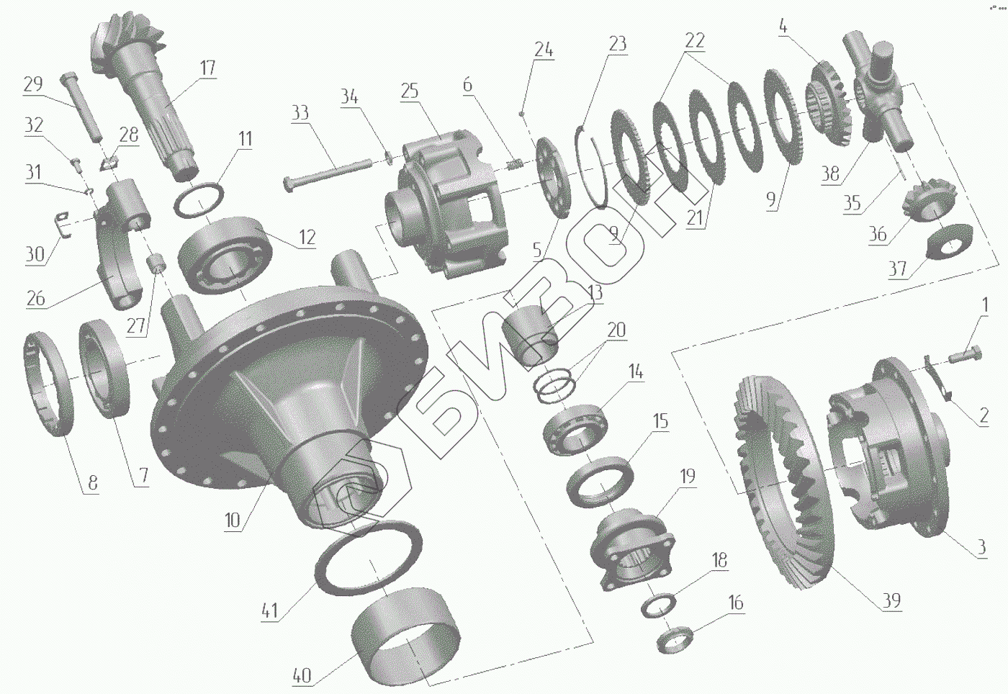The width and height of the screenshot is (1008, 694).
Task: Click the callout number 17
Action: pyautogui.click(x=207, y=68)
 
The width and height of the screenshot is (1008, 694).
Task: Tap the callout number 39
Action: pyautogui.click(x=891, y=600)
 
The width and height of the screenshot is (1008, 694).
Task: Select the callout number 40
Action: pyautogui.click(x=302, y=675)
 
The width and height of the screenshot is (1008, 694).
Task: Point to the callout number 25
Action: pyautogui.click(x=410, y=91)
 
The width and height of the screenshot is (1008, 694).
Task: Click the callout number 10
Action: pyautogui.click(x=232, y=520)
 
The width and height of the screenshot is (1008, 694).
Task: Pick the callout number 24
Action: pyautogui.click(x=544, y=49)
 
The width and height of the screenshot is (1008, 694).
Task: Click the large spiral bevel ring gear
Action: pyautogui.click(x=783, y=482)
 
